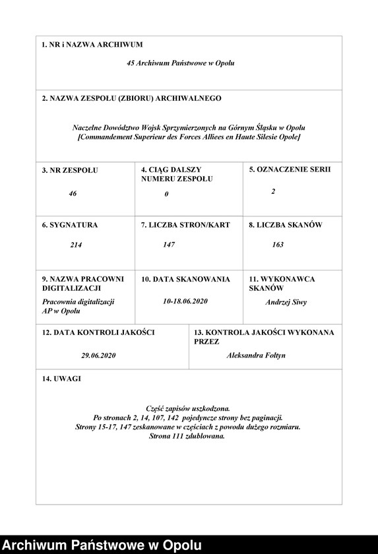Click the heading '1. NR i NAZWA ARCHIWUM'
pos(92,45)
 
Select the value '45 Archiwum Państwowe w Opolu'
pos(180,63)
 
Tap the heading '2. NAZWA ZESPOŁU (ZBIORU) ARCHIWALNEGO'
pos(131,98)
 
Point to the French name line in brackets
pos(189,137)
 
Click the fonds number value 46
pos(73,194)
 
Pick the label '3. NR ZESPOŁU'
pos(69,170)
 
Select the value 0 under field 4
pos(167,194)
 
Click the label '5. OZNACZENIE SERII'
pos(290,169)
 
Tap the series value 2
pos(273,191)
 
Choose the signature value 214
pos(76,245)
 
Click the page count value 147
pos(169,245)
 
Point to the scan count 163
pos(278,245)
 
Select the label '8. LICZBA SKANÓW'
pos(285,225)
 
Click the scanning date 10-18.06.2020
pos(185,301)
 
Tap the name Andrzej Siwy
pos(286,302)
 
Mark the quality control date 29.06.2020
pos(98,355)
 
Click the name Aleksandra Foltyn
pos(256,355)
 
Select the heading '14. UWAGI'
pos(62,379)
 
